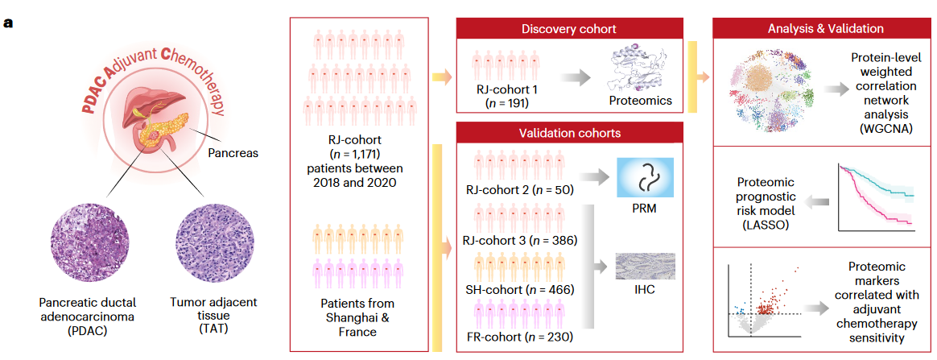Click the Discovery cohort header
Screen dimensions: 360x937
click(x=569, y=29)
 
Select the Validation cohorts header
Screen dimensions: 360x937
click(x=569, y=132)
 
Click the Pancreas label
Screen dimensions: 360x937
click(x=233, y=152)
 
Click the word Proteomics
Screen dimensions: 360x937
click(x=640, y=101)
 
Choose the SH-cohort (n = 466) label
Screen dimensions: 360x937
click(x=518, y=288)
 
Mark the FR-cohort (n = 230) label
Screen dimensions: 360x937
click(x=518, y=336)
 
